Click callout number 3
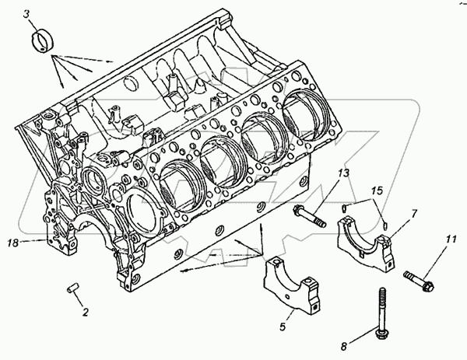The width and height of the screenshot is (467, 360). pos(27,14)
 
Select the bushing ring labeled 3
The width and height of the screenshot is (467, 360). pos(43,42)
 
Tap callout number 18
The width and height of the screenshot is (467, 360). pos(13,243)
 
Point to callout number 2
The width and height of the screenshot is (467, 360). pos(86,312)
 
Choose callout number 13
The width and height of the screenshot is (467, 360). pos(343,173)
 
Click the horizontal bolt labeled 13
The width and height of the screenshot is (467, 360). pos(310,217)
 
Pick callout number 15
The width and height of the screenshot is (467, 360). pos(377,190)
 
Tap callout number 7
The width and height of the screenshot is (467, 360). pos(414,214)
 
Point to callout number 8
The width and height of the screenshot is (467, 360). pos(344,347)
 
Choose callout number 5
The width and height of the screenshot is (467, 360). pos(283,327)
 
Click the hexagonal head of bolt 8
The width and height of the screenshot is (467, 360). pos(382,334)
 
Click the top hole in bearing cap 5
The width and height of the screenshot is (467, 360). pos(276,262)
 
